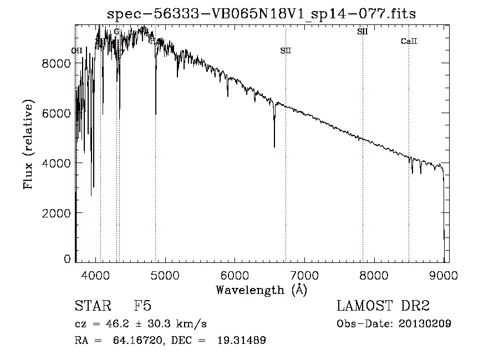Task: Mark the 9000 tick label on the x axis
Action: [x=444, y=275]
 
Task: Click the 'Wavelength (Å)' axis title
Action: [x=261, y=290]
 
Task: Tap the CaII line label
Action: [x=409, y=42]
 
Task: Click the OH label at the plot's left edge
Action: [x=77, y=51]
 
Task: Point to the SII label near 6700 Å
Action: [x=285, y=51]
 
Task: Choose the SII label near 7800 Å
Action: [x=363, y=32]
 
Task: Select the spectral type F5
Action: [x=142, y=306]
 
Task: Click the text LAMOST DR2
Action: [x=383, y=306]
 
